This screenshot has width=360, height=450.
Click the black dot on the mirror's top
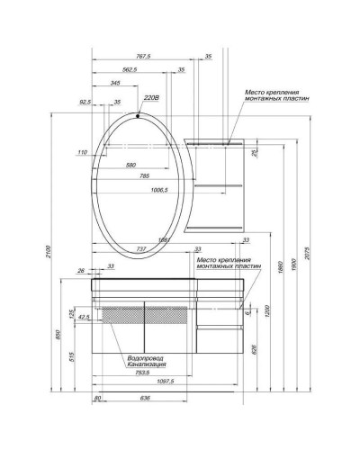point(137,116)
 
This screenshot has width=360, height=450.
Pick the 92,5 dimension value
point(86,102)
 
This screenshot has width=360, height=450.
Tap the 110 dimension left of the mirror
point(83,154)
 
